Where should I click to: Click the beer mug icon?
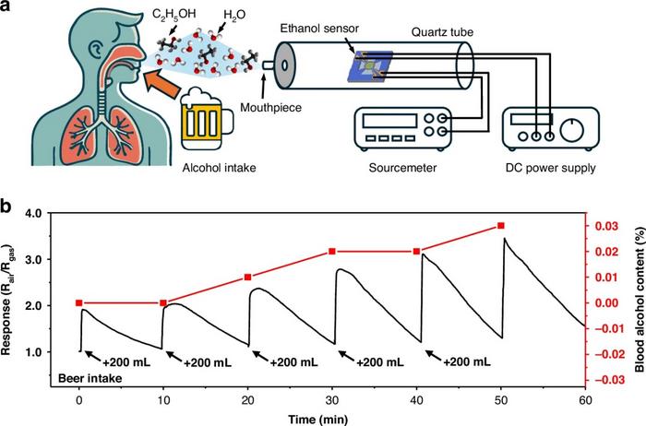(206, 118)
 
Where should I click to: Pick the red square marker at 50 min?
(501, 226)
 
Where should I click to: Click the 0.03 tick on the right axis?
(604, 226)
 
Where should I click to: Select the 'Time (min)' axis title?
(332, 419)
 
